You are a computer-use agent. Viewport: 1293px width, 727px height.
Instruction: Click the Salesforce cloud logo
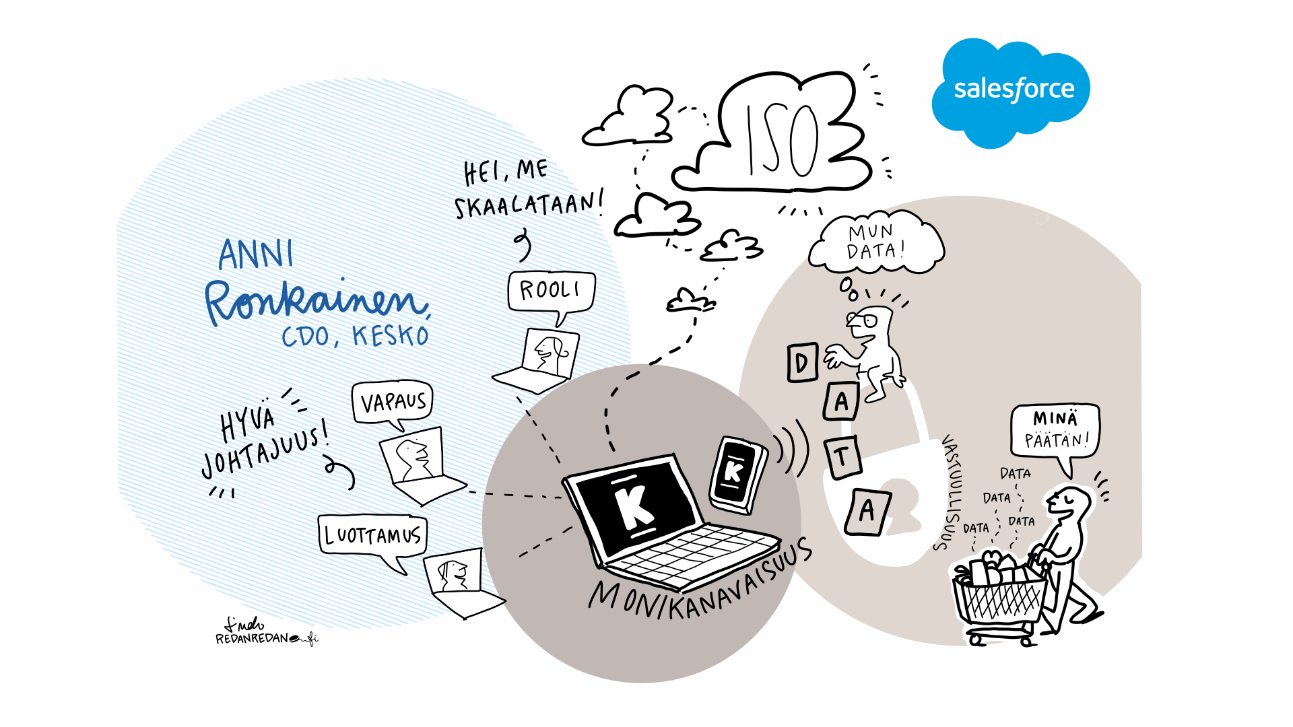click(1012, 91)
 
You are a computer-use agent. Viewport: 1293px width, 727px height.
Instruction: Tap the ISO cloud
click(781, 138)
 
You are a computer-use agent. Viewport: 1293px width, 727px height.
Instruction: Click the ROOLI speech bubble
click(551, 291)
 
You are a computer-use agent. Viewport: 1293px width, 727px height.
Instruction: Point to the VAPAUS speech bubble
click(393, 402)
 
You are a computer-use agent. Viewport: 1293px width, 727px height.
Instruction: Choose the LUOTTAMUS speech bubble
click(372, 535)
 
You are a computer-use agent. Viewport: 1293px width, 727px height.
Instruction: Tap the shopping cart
click(1000, 599)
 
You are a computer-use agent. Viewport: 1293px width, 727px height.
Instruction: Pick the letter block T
click(842, 457)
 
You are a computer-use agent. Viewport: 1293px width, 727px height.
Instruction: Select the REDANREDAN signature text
click(253, 638)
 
